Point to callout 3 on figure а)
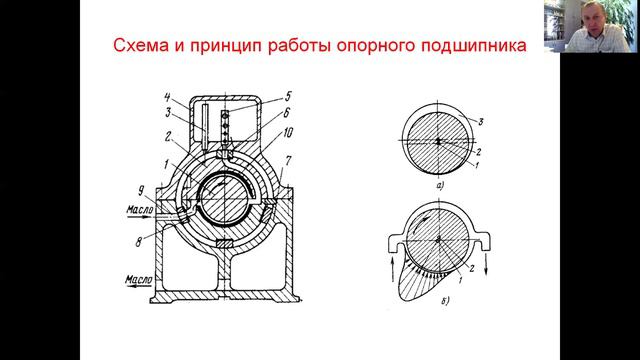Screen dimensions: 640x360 tap(483, 120)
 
